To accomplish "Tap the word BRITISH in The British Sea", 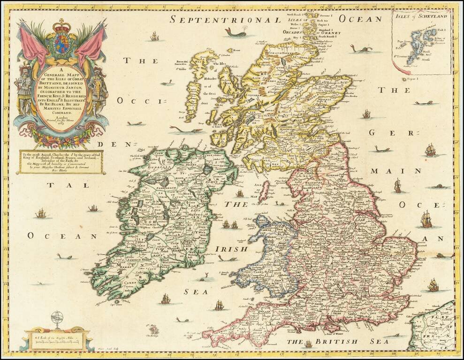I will click(331, 342).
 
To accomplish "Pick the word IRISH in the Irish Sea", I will click(231, 249).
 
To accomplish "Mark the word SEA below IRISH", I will click(192, 292).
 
